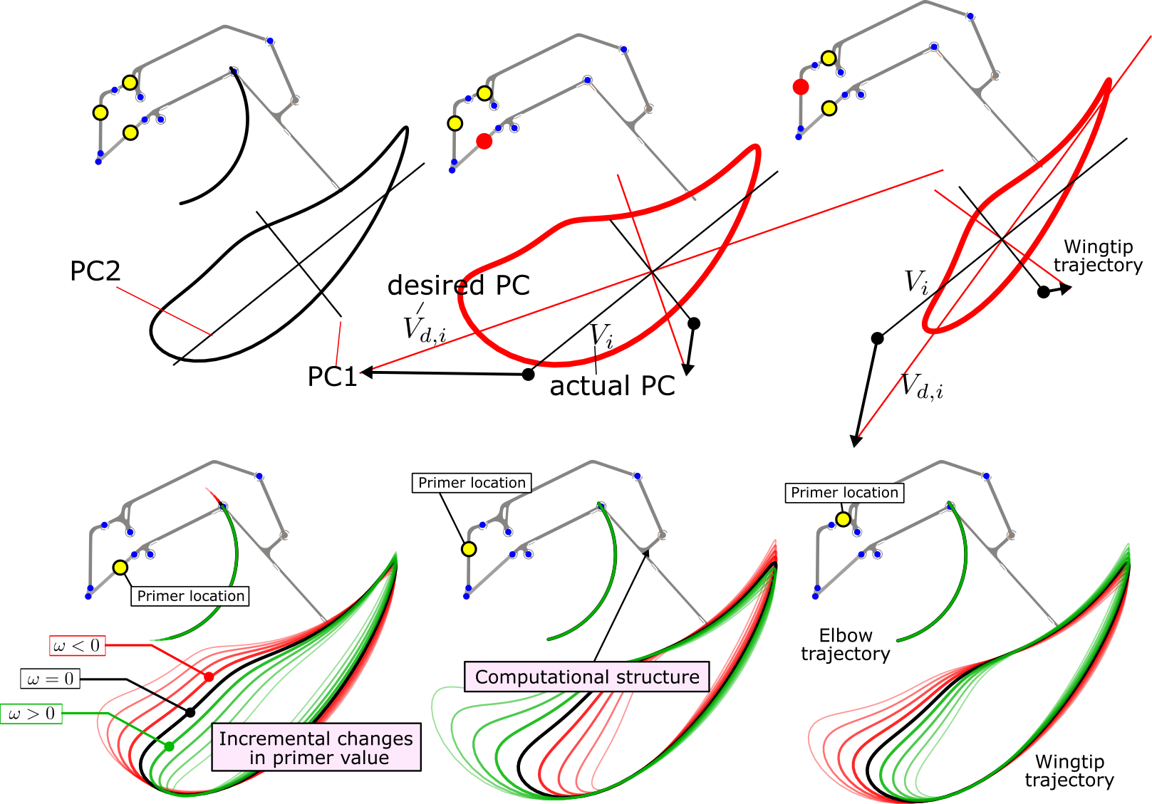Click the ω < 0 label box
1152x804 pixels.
(x=77, y=646)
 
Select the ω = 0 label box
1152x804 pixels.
(x=50, y=679)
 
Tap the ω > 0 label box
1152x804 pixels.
(x=31, y=714)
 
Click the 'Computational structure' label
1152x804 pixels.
(x=587, y=677)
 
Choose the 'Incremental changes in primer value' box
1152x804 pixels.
(x=316, y=748)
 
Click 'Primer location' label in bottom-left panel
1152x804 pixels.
(x=190, y=596)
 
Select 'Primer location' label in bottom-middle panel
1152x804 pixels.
(x=472, y=483)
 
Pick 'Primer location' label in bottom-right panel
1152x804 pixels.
(x=844, y=493)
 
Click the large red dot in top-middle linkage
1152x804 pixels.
(x=484, y=141)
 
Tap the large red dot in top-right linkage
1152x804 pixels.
(x=801, y=87)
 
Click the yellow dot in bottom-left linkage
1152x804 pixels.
(x=120, y=568)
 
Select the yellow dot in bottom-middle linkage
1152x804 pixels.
(x=469, y=549)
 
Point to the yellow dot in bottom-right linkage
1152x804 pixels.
(x=844, y=520)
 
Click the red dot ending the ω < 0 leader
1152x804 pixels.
(x=209, y=677)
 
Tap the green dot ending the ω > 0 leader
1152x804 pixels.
(x=170, y=746)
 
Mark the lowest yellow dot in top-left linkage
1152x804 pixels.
(x=130, y=132)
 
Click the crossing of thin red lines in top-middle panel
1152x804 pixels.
(x=652, y=271)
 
